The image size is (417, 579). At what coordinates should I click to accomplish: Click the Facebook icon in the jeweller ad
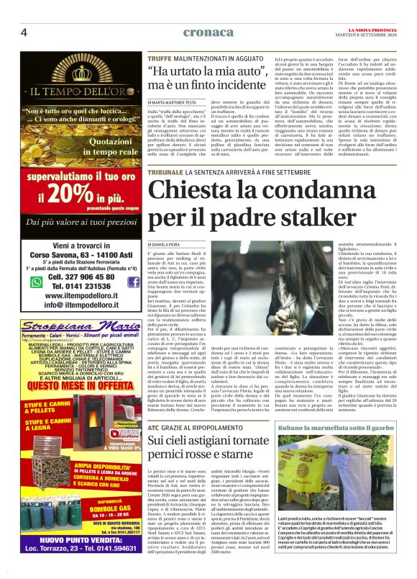pos(133,282)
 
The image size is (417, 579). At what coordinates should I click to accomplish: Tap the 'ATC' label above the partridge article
pos(153,408)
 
